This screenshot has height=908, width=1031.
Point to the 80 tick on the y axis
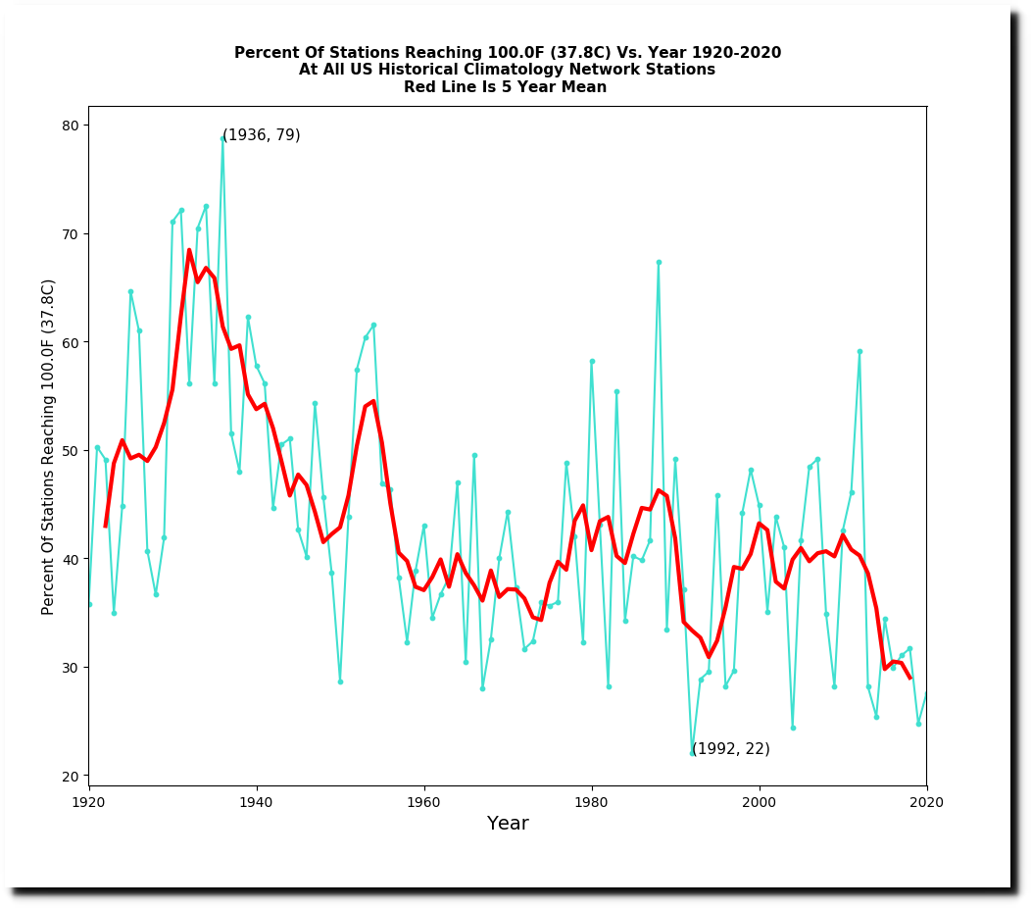pyautogui.click(x=86, y=125)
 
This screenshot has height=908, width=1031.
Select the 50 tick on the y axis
pyautogui.click(x=86, y=450)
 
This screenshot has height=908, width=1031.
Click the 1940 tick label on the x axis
pyautogui.click(x=257, y=801)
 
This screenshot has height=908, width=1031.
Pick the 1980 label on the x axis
pyautogui.click(x=592, y=801)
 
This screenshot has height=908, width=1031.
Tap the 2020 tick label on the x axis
pyautogui.click(x=926, y=801)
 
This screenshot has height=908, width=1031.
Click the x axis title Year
pyautogui.click(x=508, y=824)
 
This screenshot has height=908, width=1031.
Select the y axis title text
pyautogui.click(x=48, y=446)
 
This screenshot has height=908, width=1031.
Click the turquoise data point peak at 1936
pyautogui.click(x=222, y=139)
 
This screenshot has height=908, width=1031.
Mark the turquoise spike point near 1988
pyautogui.click(x=659, y=262)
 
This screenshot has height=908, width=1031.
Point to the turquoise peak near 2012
pyautogui.click(x=859, y=351)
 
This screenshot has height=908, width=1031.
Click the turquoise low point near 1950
pyautogui.click(x=340, y=681)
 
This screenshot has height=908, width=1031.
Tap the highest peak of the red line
pyautogui.click(x=189, y=250)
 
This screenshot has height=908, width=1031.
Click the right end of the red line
pyautogui.click(x=909, y=678)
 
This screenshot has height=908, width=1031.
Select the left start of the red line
pyautogui.click(x=105, y=527)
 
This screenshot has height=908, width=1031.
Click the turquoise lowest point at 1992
pyautogui.click(x=692, y=754)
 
